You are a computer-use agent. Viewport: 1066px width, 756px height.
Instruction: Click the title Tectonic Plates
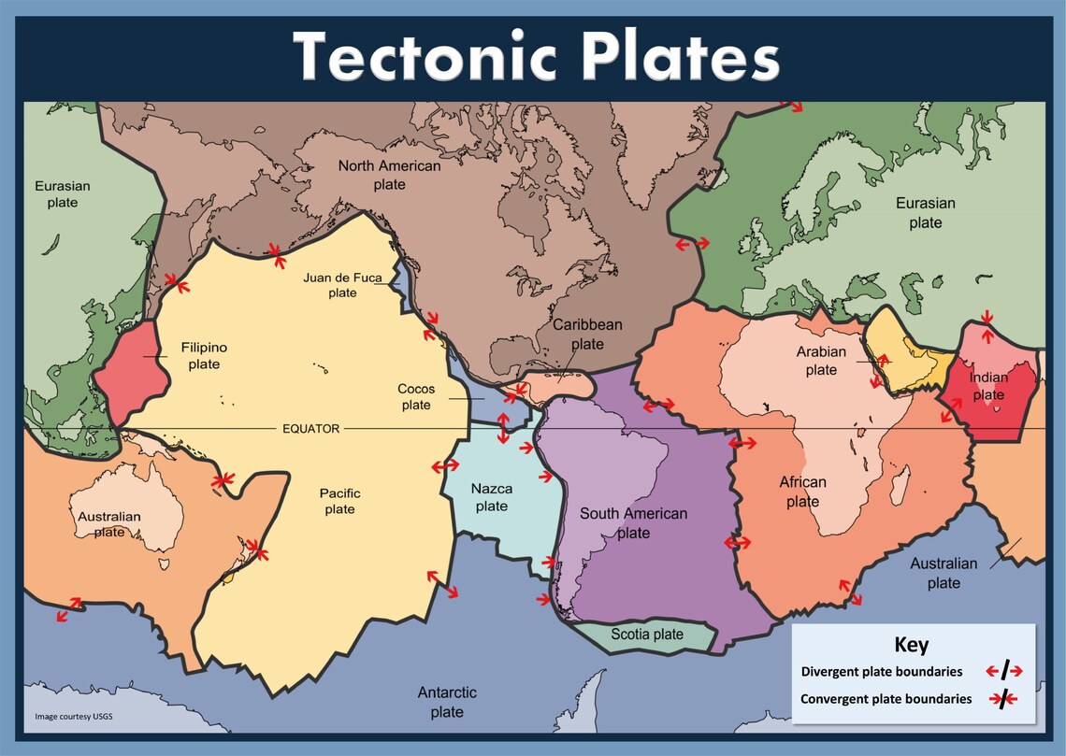point(535,56)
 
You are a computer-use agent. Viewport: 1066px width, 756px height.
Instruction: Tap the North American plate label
point(389,175)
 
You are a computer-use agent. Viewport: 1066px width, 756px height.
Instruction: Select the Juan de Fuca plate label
point(342,285)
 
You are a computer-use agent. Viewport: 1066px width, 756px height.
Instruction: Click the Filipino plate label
point(204,355)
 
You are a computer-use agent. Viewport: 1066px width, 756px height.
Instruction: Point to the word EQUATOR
point(311,429)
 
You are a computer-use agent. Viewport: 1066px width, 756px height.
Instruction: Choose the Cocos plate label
point(416,397)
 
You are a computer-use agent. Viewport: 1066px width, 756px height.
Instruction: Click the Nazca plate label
point(491,497)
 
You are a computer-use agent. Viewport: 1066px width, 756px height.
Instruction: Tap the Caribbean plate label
point(587,334)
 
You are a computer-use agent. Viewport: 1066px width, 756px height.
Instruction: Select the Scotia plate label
point(647,635)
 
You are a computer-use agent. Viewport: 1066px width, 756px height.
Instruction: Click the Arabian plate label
point(821,361)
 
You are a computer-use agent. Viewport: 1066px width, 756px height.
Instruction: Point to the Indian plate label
point(987,386)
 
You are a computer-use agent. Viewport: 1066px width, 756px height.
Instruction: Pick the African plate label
point(802,492)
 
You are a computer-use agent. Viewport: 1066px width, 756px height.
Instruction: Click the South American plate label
point(633,523)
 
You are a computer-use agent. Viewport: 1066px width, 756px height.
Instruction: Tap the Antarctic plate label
point(447,702)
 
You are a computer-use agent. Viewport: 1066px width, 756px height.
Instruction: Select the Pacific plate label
point(339,501)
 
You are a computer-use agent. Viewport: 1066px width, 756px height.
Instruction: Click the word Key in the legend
point(912,645)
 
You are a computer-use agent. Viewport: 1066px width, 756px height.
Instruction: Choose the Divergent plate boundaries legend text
point(881,672)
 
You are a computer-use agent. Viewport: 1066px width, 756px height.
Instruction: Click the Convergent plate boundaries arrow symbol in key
point(1003,698)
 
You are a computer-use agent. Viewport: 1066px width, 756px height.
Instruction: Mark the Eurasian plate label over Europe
point(925,212)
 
